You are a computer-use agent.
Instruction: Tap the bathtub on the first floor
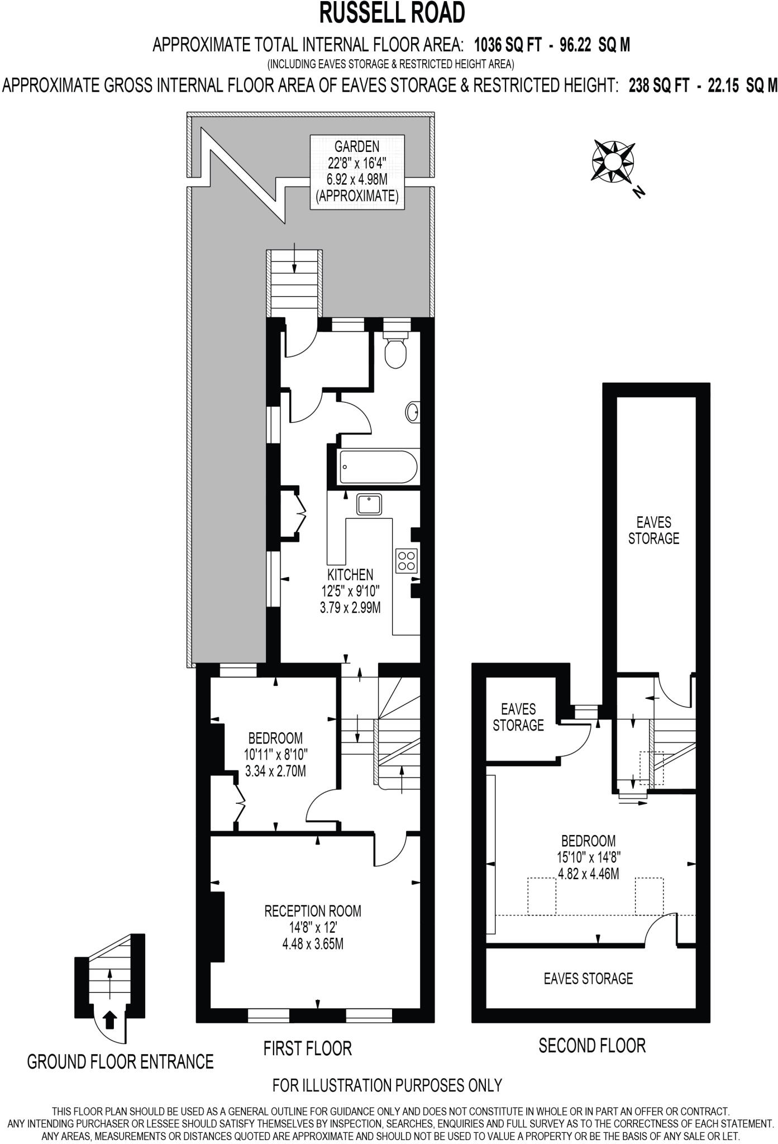[x=378, y=468]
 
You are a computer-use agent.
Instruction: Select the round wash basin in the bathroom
[x=413, y=413]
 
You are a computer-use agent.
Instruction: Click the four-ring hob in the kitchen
[x=406, y=561]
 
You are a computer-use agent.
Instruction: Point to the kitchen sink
[x=369, y=505]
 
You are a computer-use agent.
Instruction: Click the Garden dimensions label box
[x=357, y=172]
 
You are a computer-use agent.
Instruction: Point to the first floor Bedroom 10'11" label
[x=276, y=755]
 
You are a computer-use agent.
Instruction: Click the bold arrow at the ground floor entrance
[x=111, y=1019]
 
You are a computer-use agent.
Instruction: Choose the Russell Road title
[x=392, y=13]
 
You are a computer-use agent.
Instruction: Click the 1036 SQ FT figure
[x=507, y=45]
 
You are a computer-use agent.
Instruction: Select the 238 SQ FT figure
[x=658, y=85]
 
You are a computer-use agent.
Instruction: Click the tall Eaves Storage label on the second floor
[x=653, y=530]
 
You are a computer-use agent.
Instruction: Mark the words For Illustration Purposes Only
[x=387, y=1085]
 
